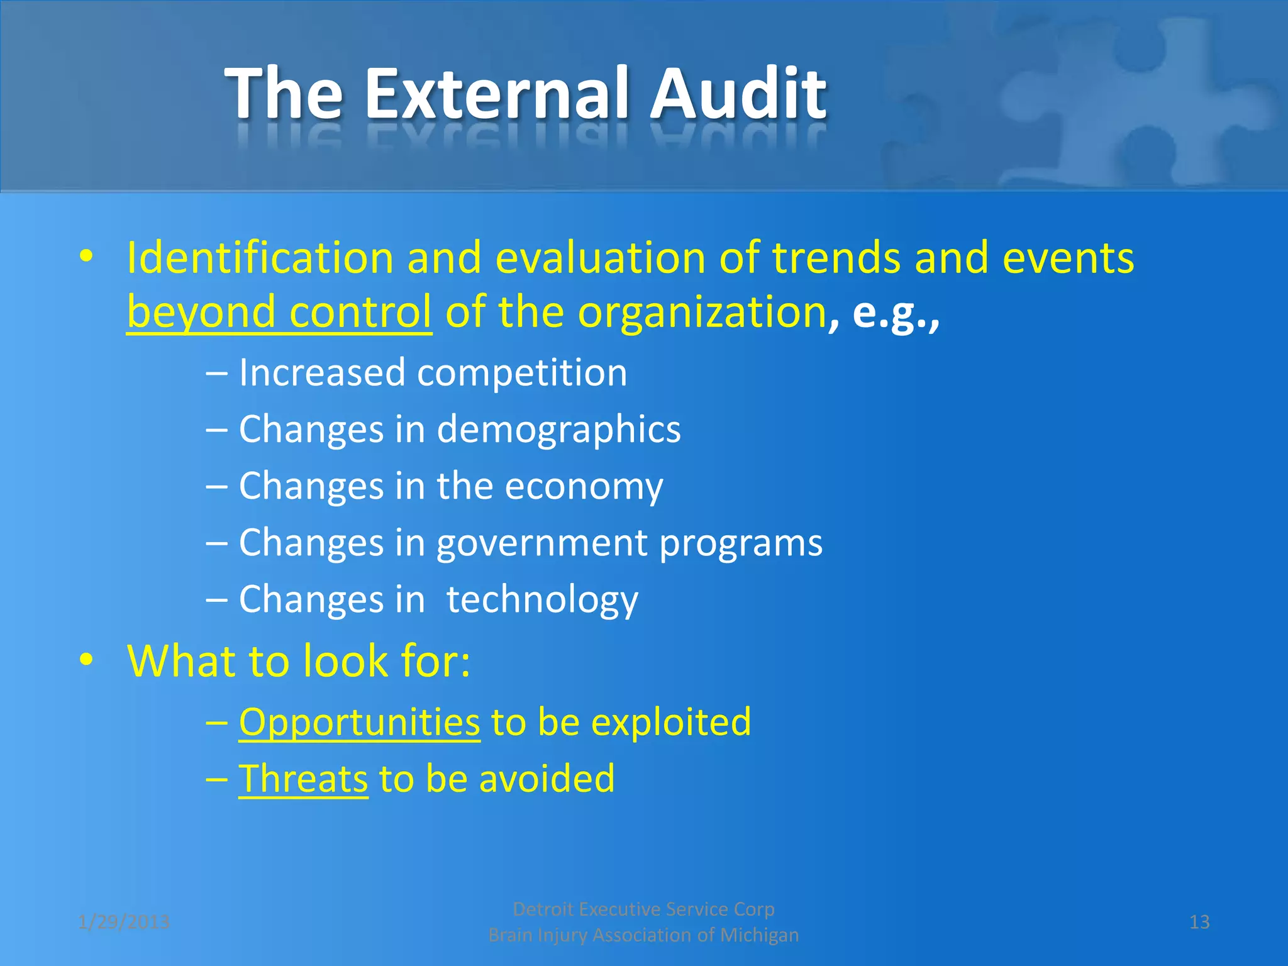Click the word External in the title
click(x=496, y=94)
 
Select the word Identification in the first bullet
click(x=260, y=258)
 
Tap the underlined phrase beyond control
click(x=279, y=313)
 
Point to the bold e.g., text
click(x=896, y=313)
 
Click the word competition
click(x=522, y=372)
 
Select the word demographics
click(x=558, y=430)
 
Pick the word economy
click(x=584, y=486)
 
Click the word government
click(x=541, y=543)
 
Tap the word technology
click(x=542, y=599)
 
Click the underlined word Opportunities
click(x=359, y=722)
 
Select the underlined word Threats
click(x=303, y=779)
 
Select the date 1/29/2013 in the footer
click(x=124, y=922)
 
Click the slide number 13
click(x=1199, y=922)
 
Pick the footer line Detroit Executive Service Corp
click(x=643, y=909)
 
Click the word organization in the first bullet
click(x=701, y=313)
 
